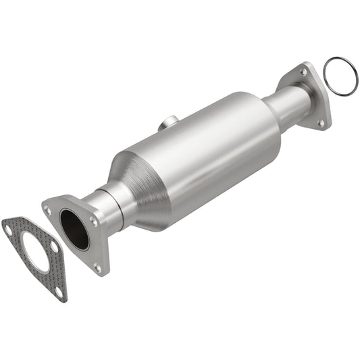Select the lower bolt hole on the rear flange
[321, 123]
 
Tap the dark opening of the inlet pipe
[74, 230]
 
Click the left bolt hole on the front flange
[48, 210]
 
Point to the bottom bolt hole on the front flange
[97, 267]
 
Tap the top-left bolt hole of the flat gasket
[8, 228]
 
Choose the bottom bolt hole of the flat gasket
[59, 291]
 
